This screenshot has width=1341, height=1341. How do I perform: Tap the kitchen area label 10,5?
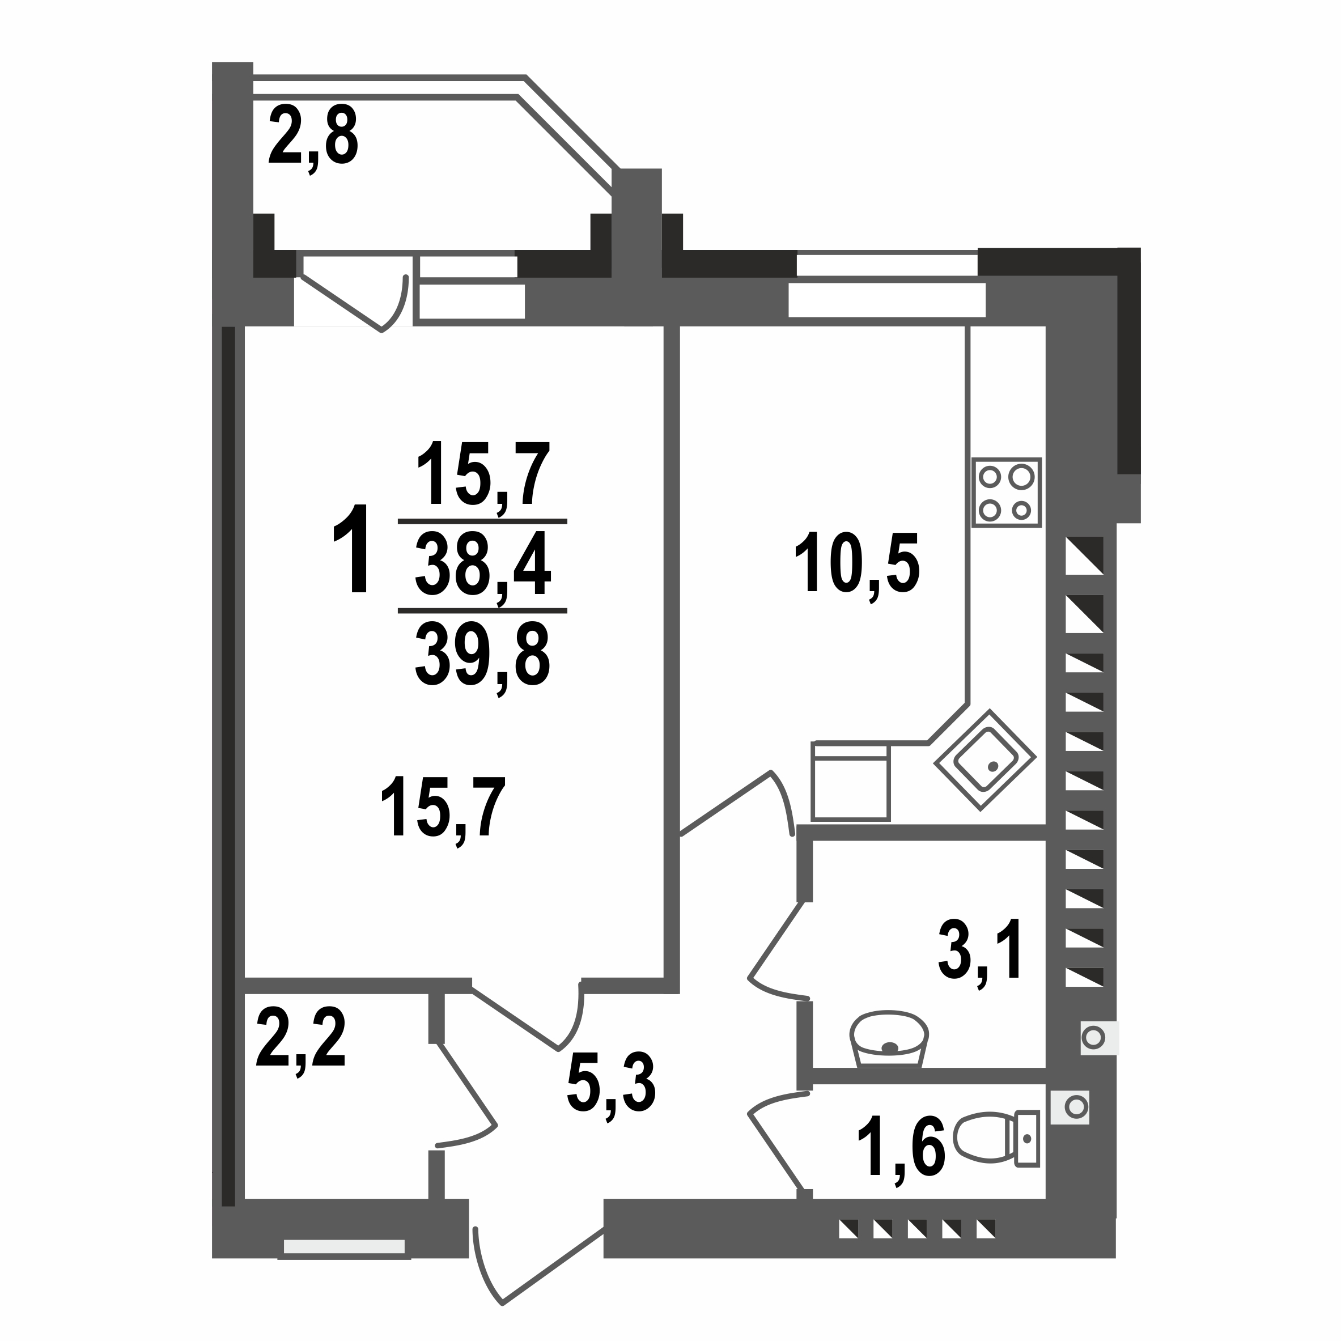pos(857,563)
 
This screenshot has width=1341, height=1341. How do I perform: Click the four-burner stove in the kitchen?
pos(1005,493)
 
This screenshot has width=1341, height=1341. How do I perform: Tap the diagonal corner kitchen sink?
pos(985,759)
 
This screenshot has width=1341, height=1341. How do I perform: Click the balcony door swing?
pos(361,302)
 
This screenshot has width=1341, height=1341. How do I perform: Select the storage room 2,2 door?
pos(465,1100)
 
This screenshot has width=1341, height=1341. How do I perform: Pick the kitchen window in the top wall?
pos(886,285)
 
